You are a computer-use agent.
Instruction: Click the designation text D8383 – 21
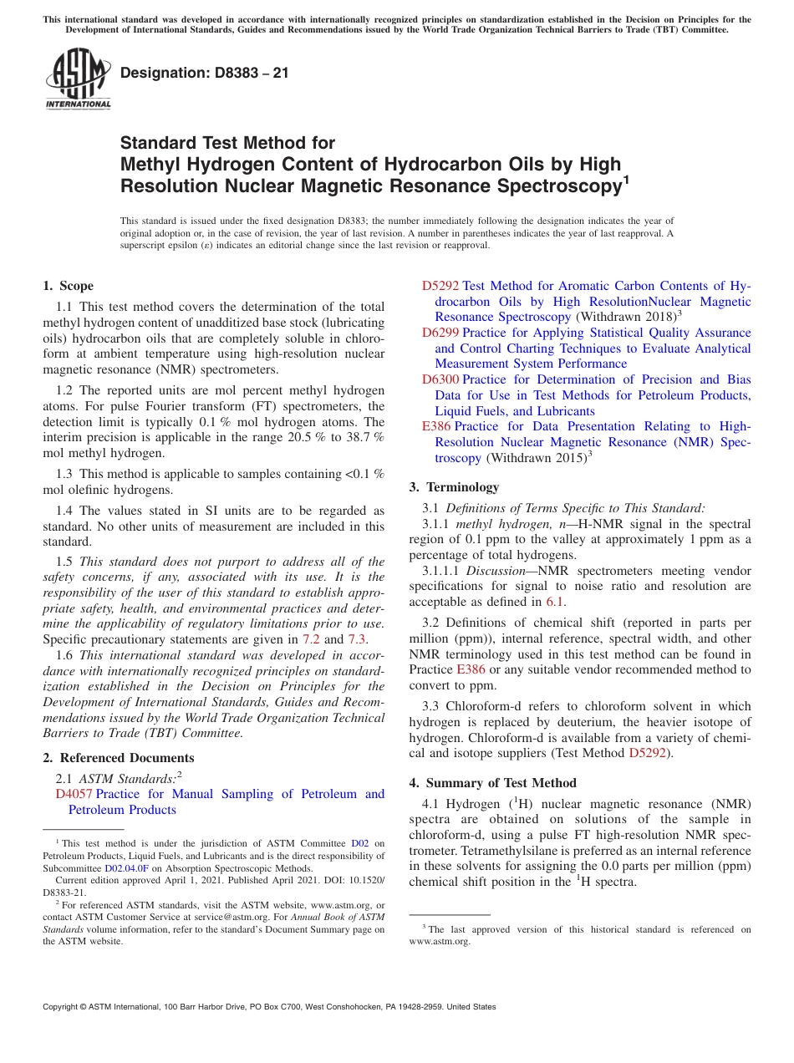pos(205,73)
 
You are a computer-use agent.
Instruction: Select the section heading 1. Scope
pos(69,286)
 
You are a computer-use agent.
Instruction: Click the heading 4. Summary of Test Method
pos(492,783)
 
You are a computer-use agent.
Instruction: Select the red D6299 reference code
pos(440,333)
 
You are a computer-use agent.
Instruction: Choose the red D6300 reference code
pos(440,379)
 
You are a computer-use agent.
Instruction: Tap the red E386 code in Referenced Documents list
pos(436,426)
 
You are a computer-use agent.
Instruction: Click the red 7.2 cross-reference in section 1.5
pos(311,639)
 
